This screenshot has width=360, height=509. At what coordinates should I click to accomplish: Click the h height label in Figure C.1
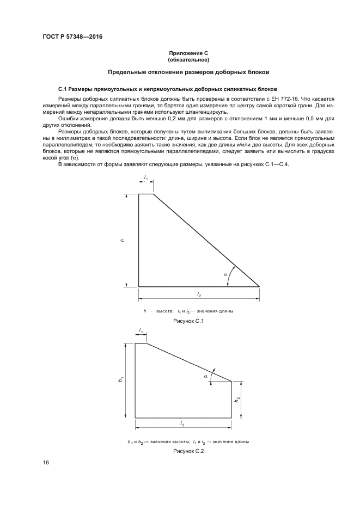coord(123,240)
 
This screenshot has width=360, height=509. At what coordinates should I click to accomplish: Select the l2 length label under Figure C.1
coord(199,294)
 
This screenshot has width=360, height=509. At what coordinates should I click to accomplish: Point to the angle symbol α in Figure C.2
coord(206,376)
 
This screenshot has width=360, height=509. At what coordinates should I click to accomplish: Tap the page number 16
coord(46,463)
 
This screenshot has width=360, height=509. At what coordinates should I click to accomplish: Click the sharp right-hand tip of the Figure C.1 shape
coord(259,286)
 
